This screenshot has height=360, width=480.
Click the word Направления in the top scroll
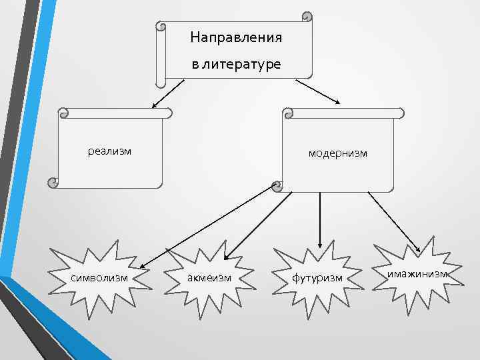point(235,37)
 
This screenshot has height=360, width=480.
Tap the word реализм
point(110,151)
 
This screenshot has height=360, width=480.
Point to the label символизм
point(99,277)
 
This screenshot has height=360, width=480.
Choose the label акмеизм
point(209,277)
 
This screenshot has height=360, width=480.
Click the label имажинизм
point(417,274)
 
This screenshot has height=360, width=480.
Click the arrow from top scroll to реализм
point(167,93)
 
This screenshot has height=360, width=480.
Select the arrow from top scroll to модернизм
point(318,91)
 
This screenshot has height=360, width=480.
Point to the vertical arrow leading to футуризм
point(321,220)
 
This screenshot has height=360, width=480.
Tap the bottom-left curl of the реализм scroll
point(52,181)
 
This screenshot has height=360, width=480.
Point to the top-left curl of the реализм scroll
point(63,113)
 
